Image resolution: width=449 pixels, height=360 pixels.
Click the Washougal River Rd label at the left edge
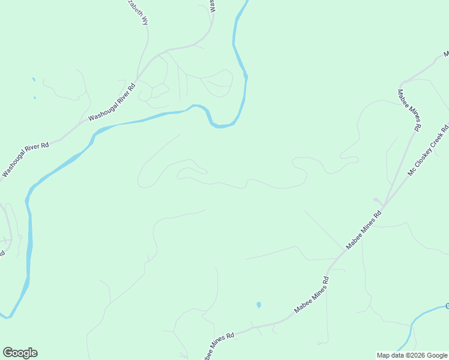(25, 158)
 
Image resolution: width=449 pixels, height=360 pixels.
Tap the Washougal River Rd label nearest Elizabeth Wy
(112, 102)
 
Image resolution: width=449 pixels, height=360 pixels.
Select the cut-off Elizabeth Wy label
(137, 11)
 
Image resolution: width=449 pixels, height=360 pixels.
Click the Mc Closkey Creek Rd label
(428, 151)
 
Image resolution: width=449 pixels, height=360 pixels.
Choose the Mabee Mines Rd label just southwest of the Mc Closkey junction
(364, 230)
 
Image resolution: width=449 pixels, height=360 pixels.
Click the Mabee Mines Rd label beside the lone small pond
(311, 295)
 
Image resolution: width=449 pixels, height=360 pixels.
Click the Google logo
(20, 352)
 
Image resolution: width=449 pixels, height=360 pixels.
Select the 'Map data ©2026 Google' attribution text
(411, 355)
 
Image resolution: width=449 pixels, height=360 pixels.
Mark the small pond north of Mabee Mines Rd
(259, 305)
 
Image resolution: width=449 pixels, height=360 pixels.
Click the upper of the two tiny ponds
(33, 79)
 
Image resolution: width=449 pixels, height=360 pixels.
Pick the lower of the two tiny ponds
(34, 97)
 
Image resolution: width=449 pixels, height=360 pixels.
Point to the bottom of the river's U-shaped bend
(221, 126)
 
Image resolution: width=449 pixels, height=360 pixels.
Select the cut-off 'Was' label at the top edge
(212, 6)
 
